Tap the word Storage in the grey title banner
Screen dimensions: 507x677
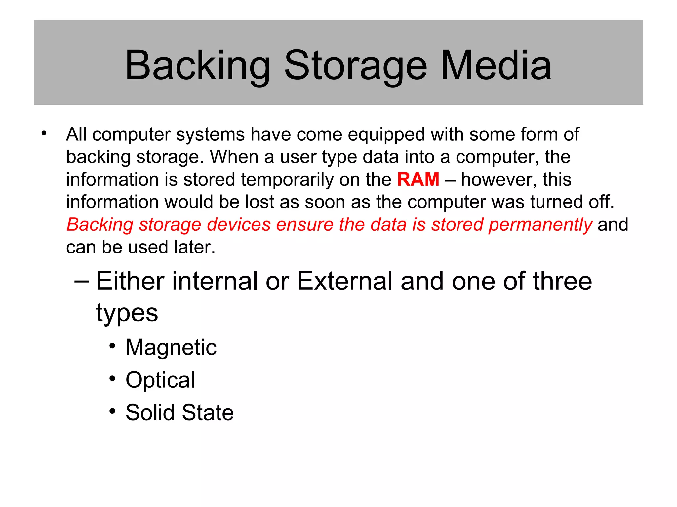point(355,66)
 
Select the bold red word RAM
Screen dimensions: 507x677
point(418,179)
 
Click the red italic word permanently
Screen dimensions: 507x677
point(540,225)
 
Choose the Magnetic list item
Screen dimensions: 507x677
point(171,347)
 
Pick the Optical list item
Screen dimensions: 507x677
point(160,380)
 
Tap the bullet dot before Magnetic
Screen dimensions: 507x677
point(113,346)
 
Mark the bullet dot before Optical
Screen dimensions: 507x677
point(113,378)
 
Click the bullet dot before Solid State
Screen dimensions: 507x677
point(113,411)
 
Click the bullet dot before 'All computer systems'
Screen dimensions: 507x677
point(44,134)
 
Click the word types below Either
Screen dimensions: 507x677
point(127,313)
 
